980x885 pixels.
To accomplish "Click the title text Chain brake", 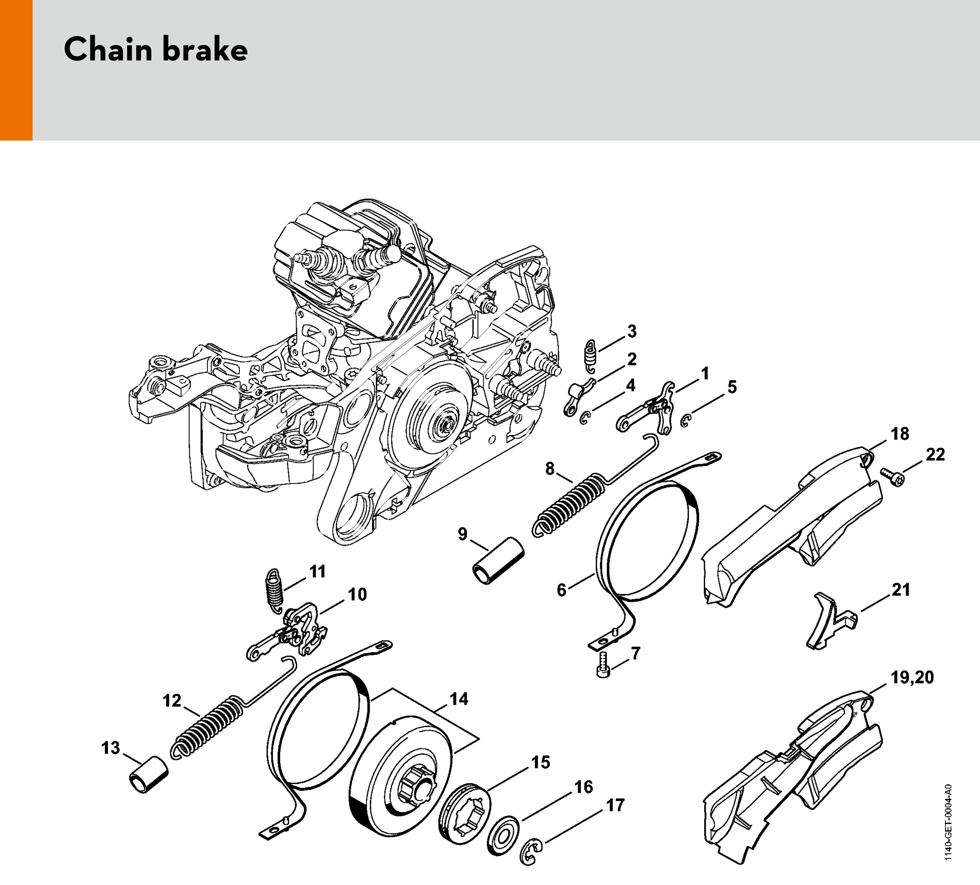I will point(156,49).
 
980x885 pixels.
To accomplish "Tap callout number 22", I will point(935,455).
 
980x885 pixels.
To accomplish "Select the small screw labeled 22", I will point(894,477).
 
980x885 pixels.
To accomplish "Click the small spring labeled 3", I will point(590,357).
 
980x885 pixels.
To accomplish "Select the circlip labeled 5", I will point(686,421).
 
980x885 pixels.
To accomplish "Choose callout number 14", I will point(459,699).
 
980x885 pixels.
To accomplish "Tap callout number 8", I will point(549,469).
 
